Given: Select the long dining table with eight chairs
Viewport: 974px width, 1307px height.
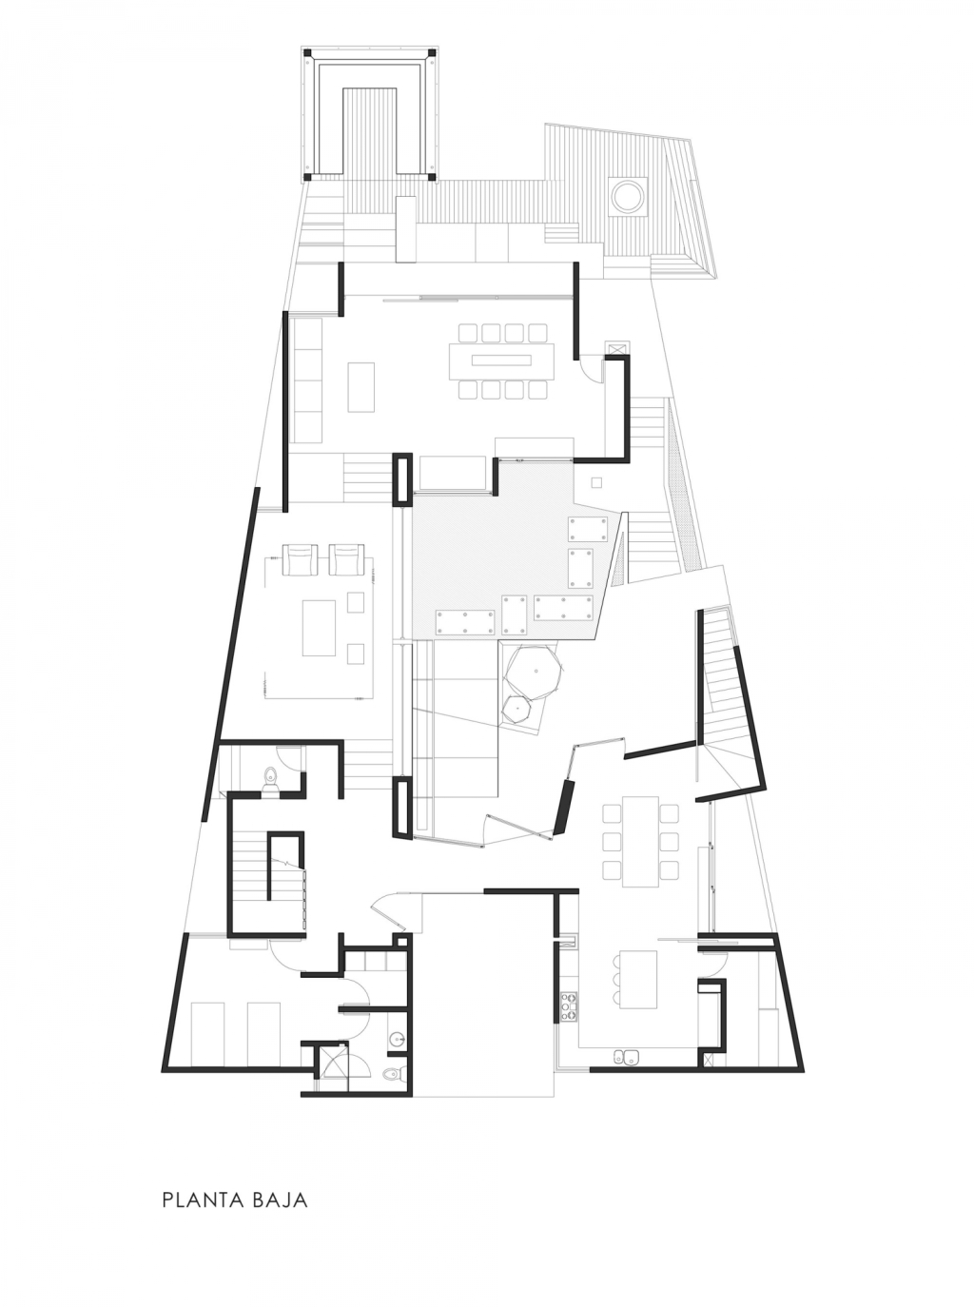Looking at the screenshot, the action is [501, 361].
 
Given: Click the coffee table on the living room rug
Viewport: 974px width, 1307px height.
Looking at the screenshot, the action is [319, 628].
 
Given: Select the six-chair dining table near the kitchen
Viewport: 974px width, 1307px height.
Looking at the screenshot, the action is [640, 841].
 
